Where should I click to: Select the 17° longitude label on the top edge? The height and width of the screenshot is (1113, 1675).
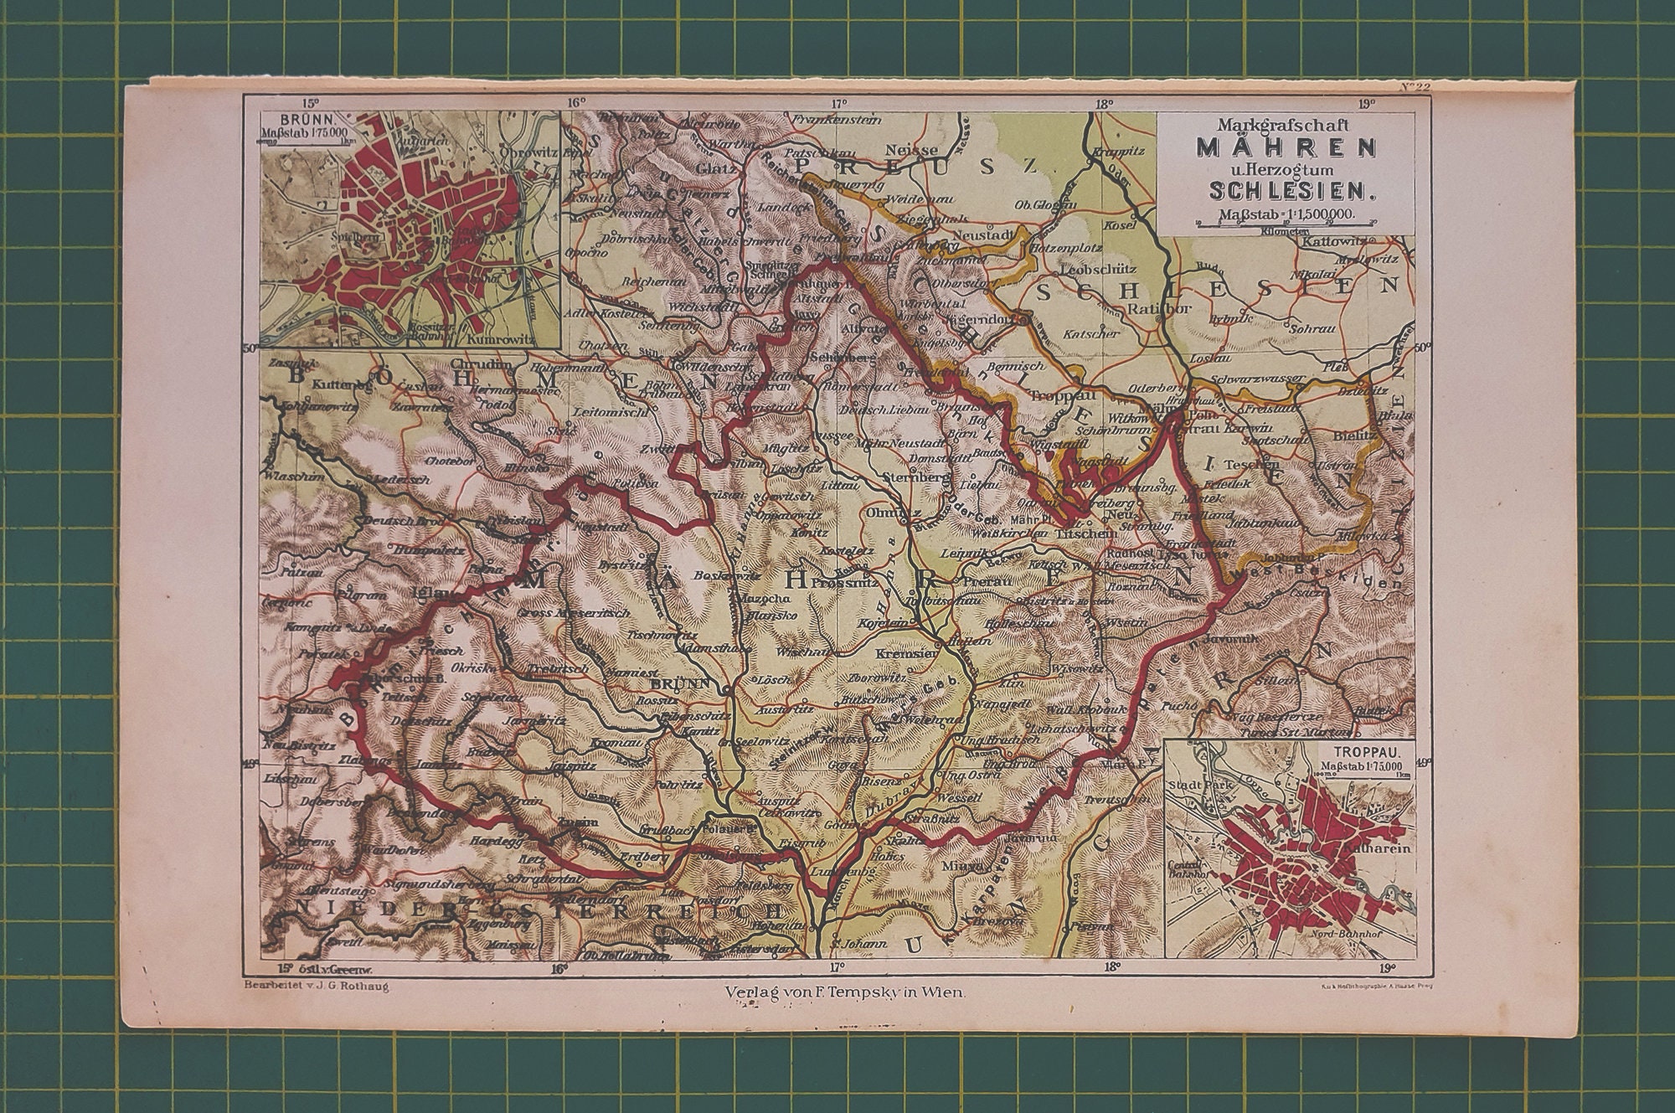pyautogui.click(x=840, y=103)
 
